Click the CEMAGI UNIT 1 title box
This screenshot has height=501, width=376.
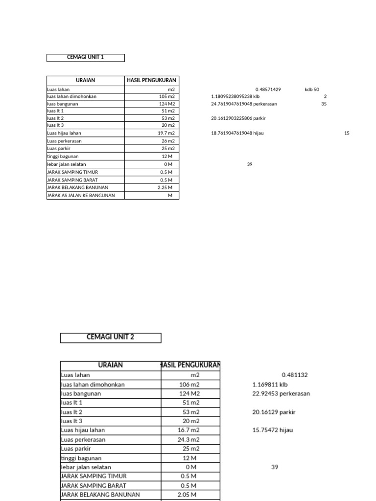[x=86, y=57]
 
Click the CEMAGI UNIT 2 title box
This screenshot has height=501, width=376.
[x=111, y=337]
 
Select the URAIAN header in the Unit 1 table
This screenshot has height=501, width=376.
[x=86, y=80]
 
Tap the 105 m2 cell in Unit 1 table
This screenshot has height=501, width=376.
[x=166, y=96]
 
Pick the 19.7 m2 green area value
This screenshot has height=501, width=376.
[x=166, y=133]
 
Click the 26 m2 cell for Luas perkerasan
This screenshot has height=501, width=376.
[x=168, y=141]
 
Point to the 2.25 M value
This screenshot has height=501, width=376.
[x=166, y=187]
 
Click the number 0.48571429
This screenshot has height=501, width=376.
[x=268, y=90]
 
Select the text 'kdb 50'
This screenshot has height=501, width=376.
[x=311, y=90]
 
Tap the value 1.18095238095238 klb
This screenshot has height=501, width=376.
[x=235, y=96]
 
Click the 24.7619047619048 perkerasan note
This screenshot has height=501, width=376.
[x=240, y=104]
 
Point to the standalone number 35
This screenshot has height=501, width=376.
[x=324, y=104]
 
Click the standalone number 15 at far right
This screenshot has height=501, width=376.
[x=347, y=133]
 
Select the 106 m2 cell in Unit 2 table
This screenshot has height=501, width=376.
[x=189, y=385]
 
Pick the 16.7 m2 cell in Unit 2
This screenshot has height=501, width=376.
[x=189, y=430]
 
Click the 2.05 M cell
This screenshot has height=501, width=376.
[x=187, y=495]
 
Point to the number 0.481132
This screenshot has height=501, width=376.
[x=295, y=375]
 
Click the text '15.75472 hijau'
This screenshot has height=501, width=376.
[x=273, y=430]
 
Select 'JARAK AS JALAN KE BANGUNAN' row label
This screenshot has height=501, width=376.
[x=81, y=195]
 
